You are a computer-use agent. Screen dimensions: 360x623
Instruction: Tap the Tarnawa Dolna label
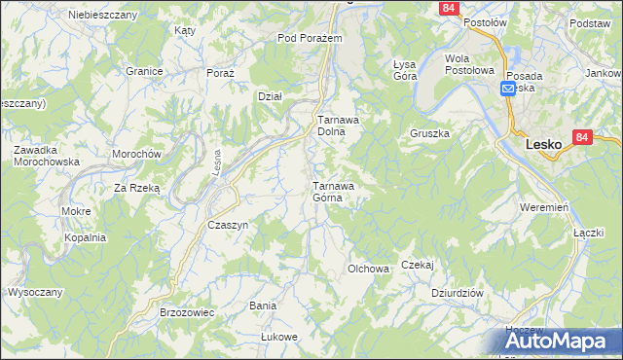(339, 126)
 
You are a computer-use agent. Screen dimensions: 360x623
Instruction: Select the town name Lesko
(543, 143)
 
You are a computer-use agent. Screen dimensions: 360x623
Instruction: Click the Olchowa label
(369, 268)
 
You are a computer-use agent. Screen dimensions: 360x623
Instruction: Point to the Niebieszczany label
(102, 15)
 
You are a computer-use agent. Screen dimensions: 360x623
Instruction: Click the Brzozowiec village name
(186, 313)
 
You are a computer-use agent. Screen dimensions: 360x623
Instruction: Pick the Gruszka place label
(429, 133)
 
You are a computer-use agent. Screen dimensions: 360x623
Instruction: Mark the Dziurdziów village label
(458, 292)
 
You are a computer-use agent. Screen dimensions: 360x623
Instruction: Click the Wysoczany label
(35, 292)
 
